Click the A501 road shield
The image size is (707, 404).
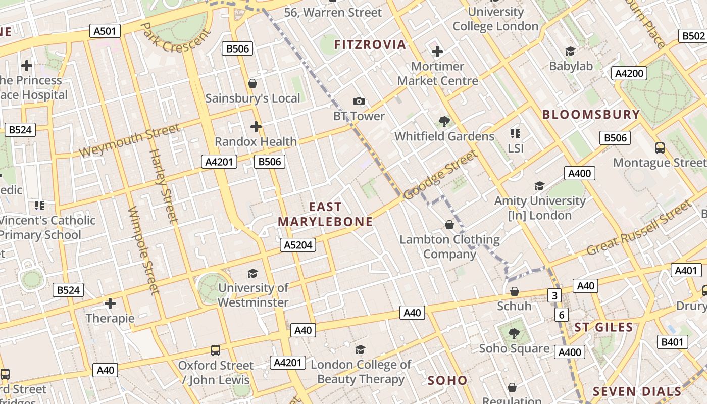tap(105, 31)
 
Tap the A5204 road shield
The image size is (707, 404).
tap(298, 245)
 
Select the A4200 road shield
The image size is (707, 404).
tap(629, 73)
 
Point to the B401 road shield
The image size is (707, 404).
tap(672, 342)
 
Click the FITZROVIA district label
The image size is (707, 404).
tap(370, 45)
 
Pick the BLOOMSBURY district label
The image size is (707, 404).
tap(591, 115)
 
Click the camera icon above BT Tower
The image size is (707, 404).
tap(359, 101)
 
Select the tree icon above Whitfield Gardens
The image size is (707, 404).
tap(444, 121)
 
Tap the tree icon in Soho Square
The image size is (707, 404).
tap(514, 333)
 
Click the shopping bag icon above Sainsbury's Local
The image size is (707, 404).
tap(252, 83)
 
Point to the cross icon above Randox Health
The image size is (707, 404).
tap(256, 126)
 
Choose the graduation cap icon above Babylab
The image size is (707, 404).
tap(571, 51)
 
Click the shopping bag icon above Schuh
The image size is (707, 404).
tap(515, 291)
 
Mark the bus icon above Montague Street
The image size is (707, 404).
tap(660, 148)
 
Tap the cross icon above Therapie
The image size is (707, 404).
tap(110, 304)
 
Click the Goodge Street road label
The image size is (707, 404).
tap(440, 175)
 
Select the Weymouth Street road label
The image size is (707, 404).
tap(129, 141)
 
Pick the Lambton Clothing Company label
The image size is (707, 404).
tap(449, 246)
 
